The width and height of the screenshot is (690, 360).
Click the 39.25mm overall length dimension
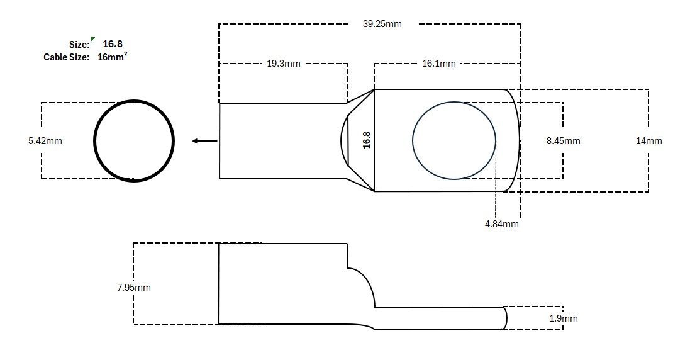point(382,24)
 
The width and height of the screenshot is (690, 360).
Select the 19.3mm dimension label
point(284,64)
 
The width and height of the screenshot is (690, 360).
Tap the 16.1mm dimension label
point(439,64)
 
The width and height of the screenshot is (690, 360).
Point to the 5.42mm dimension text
point(45,141)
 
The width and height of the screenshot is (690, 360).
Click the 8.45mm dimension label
point(564,141)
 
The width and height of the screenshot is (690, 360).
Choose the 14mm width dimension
point(648,141)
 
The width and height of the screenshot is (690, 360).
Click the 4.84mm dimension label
point(502,223)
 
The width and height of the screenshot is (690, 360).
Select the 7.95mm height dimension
point(134,288)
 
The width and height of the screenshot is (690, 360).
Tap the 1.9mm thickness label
point(564,318)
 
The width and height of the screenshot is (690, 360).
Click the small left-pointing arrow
point(204,141)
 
